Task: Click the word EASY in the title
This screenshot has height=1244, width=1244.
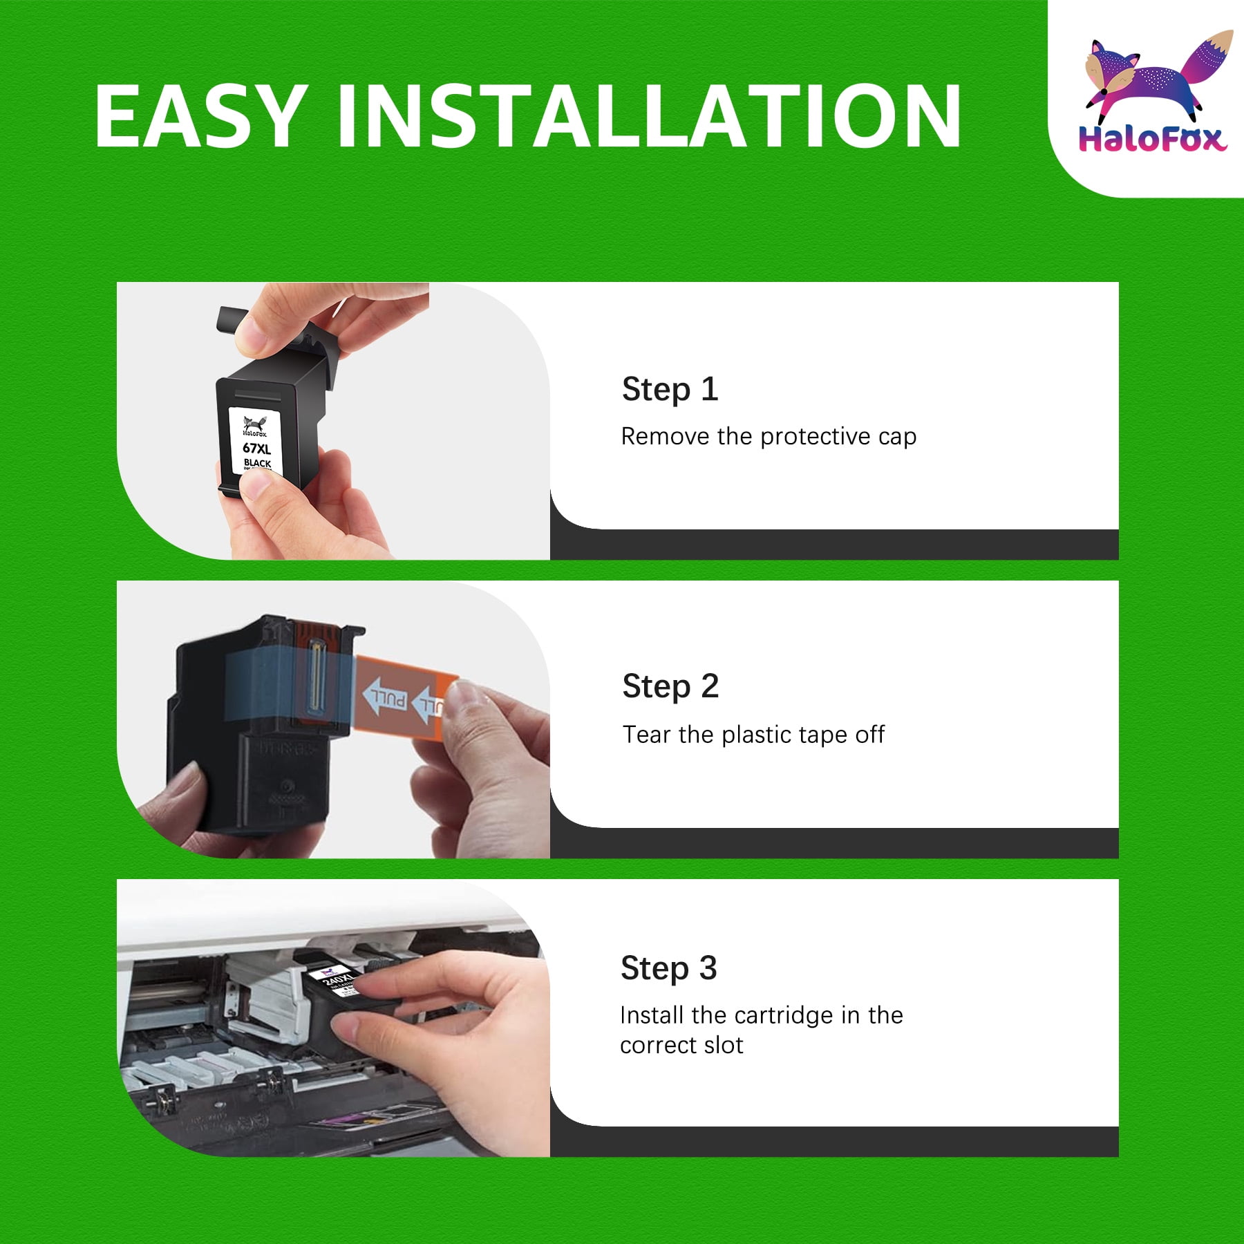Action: pos(200,115)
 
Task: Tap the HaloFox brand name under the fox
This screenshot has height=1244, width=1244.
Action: pos(1152,139)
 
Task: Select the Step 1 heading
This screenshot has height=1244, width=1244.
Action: pos(670,389)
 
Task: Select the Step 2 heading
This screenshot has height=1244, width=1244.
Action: pos(670,686)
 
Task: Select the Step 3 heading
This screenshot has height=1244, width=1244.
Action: pos(669,968)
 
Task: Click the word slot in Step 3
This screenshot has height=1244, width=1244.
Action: pos(724,1045)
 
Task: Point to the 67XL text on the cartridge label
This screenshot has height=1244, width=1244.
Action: pos(256,448)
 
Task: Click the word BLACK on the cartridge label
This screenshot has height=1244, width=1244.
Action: pos(257,463)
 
